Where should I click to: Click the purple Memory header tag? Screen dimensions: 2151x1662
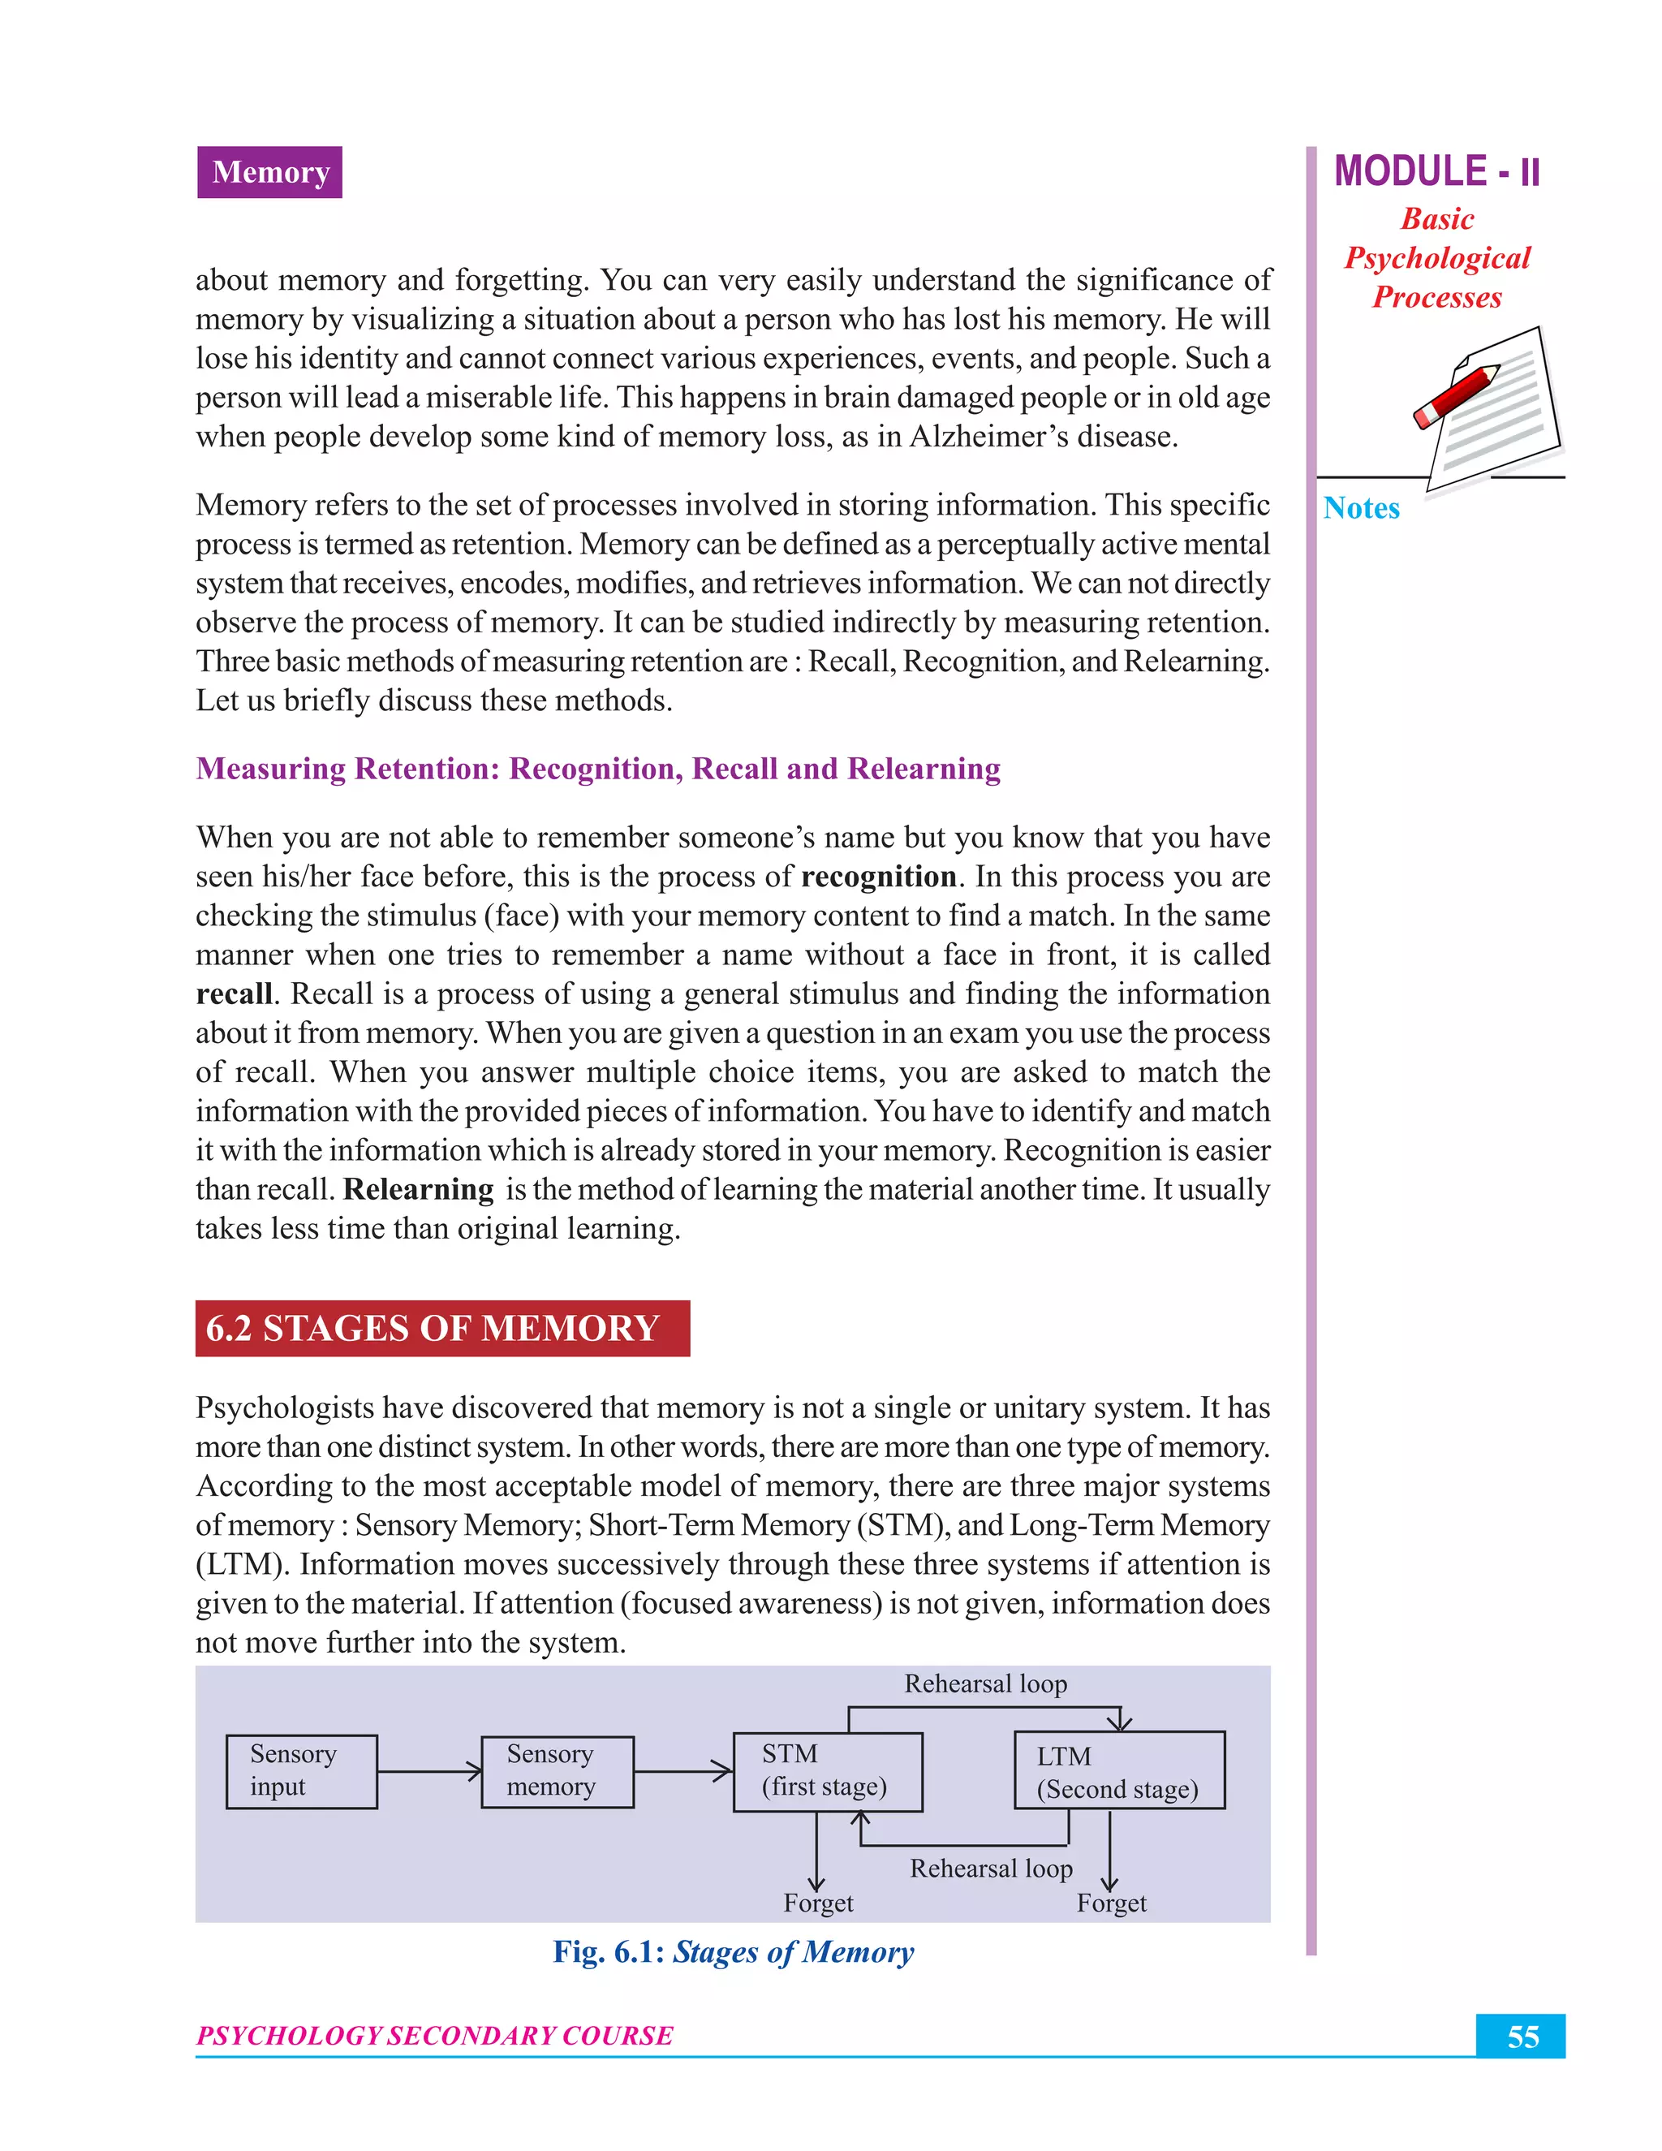269,172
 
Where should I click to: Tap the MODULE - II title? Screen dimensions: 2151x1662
1436,171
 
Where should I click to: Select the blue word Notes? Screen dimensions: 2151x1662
1361,508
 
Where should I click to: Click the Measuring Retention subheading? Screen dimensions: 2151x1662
597,768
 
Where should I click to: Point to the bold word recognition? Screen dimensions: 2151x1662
878,877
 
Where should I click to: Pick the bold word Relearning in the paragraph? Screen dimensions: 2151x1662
419,1190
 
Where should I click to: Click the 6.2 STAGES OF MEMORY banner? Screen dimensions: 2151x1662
442,1329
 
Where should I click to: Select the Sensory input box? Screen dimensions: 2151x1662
301,1772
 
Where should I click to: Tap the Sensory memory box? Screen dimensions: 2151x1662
558,1772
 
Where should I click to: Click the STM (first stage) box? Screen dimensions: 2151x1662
827,1772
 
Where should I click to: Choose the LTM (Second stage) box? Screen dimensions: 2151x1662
1119,1771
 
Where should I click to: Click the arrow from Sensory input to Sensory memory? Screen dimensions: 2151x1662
429,1772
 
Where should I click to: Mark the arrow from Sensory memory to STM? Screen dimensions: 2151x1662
683,1772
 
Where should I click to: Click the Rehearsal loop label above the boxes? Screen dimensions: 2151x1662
985,1684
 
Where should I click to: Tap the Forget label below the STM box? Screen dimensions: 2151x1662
818,1903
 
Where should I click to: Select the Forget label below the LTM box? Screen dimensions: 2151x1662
1111,1903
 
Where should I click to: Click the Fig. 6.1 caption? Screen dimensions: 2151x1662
733,1952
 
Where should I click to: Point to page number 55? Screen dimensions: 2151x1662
1522,2037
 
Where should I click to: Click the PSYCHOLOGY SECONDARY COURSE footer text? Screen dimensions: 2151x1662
434,2036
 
